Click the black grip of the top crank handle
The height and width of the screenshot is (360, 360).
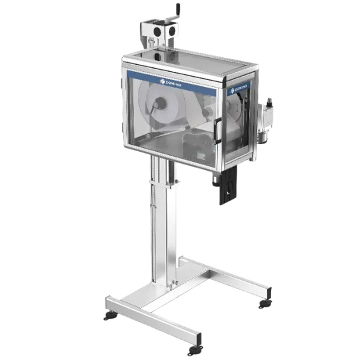tap(178, 10)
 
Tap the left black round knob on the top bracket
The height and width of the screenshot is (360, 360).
tap(157, 31)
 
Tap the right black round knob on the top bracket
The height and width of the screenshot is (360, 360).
tap(171, 30)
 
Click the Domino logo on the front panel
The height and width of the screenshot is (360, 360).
tap(171, 83)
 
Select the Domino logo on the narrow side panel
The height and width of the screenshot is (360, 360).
tap(239, 88)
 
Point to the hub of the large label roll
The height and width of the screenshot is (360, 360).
tap(159, 103)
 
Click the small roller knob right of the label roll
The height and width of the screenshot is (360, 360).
tap(206, 112)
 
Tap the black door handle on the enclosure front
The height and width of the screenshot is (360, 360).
tap(217, 130)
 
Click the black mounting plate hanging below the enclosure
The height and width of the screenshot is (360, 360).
tap(228, 185)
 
